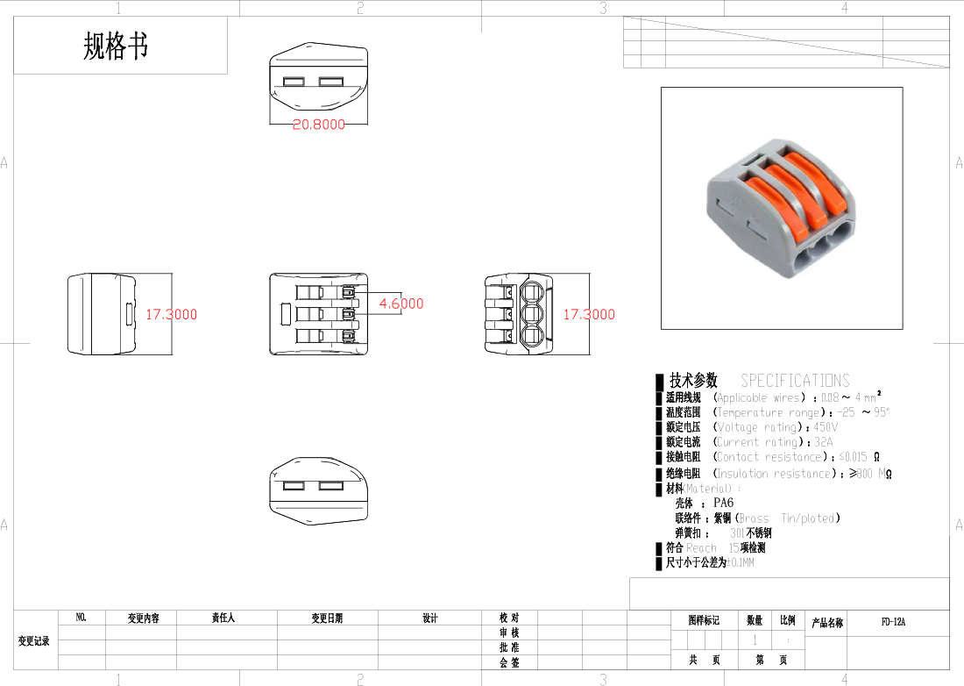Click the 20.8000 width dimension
click(x=318, y=125)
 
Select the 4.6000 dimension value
click(x=400, y=304)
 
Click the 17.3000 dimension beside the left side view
click(x=171, y=314)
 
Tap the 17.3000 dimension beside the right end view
click(x=589, y=314)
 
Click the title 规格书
click(x=116, y=46)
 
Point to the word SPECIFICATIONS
click(x=795, y=381)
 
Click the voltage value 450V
click(x=826, y=427)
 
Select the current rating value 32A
click(x=823, y=442)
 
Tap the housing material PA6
click(x=723, y=503)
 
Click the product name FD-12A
click(x=893, y=622)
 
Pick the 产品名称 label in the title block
click(x=826, y=623)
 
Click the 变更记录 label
click(x=34, y=641)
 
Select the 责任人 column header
click(x=224, y=618)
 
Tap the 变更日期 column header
click(x=327, y=618)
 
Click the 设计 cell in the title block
click(x=429, y=618)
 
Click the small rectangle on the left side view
click(x=130, y=313)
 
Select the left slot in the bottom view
click(x=294, y=485)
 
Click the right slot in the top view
click(x=330, y=82)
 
